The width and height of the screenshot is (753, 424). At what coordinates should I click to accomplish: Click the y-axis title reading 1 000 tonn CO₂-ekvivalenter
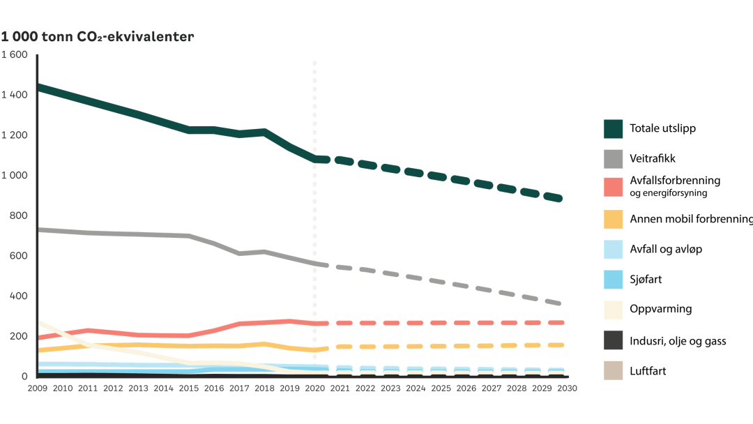click(x=97, y=36)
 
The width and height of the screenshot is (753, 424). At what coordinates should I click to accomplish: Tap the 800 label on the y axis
click(x=17, y=215)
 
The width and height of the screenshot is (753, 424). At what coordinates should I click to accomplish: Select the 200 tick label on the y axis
click(x=17, y=336)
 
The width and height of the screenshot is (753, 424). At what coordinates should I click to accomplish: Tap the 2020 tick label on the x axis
click(x=314, y=388)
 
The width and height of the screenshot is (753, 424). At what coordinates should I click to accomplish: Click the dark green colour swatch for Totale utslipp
click(x=613, y=129)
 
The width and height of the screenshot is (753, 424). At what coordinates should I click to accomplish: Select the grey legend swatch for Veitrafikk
click(x=613, y=159)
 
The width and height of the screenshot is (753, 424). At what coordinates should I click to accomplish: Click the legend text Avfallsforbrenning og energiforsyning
click(x=674, y=187)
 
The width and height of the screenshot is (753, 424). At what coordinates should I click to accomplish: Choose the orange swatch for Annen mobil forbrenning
click(x=613, y=219)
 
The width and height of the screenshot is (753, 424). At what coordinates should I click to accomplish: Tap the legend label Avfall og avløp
click(x=665, y=250)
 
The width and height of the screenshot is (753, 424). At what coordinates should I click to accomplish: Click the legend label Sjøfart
click(x=646, y=280)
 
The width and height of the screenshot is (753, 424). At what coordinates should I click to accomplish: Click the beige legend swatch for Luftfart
click(x=613, y=371)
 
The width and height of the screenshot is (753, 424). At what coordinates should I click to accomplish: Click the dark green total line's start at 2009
click(x=39, y=87)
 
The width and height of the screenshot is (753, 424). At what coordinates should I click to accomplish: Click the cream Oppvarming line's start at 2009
click(x=39, y=322)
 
